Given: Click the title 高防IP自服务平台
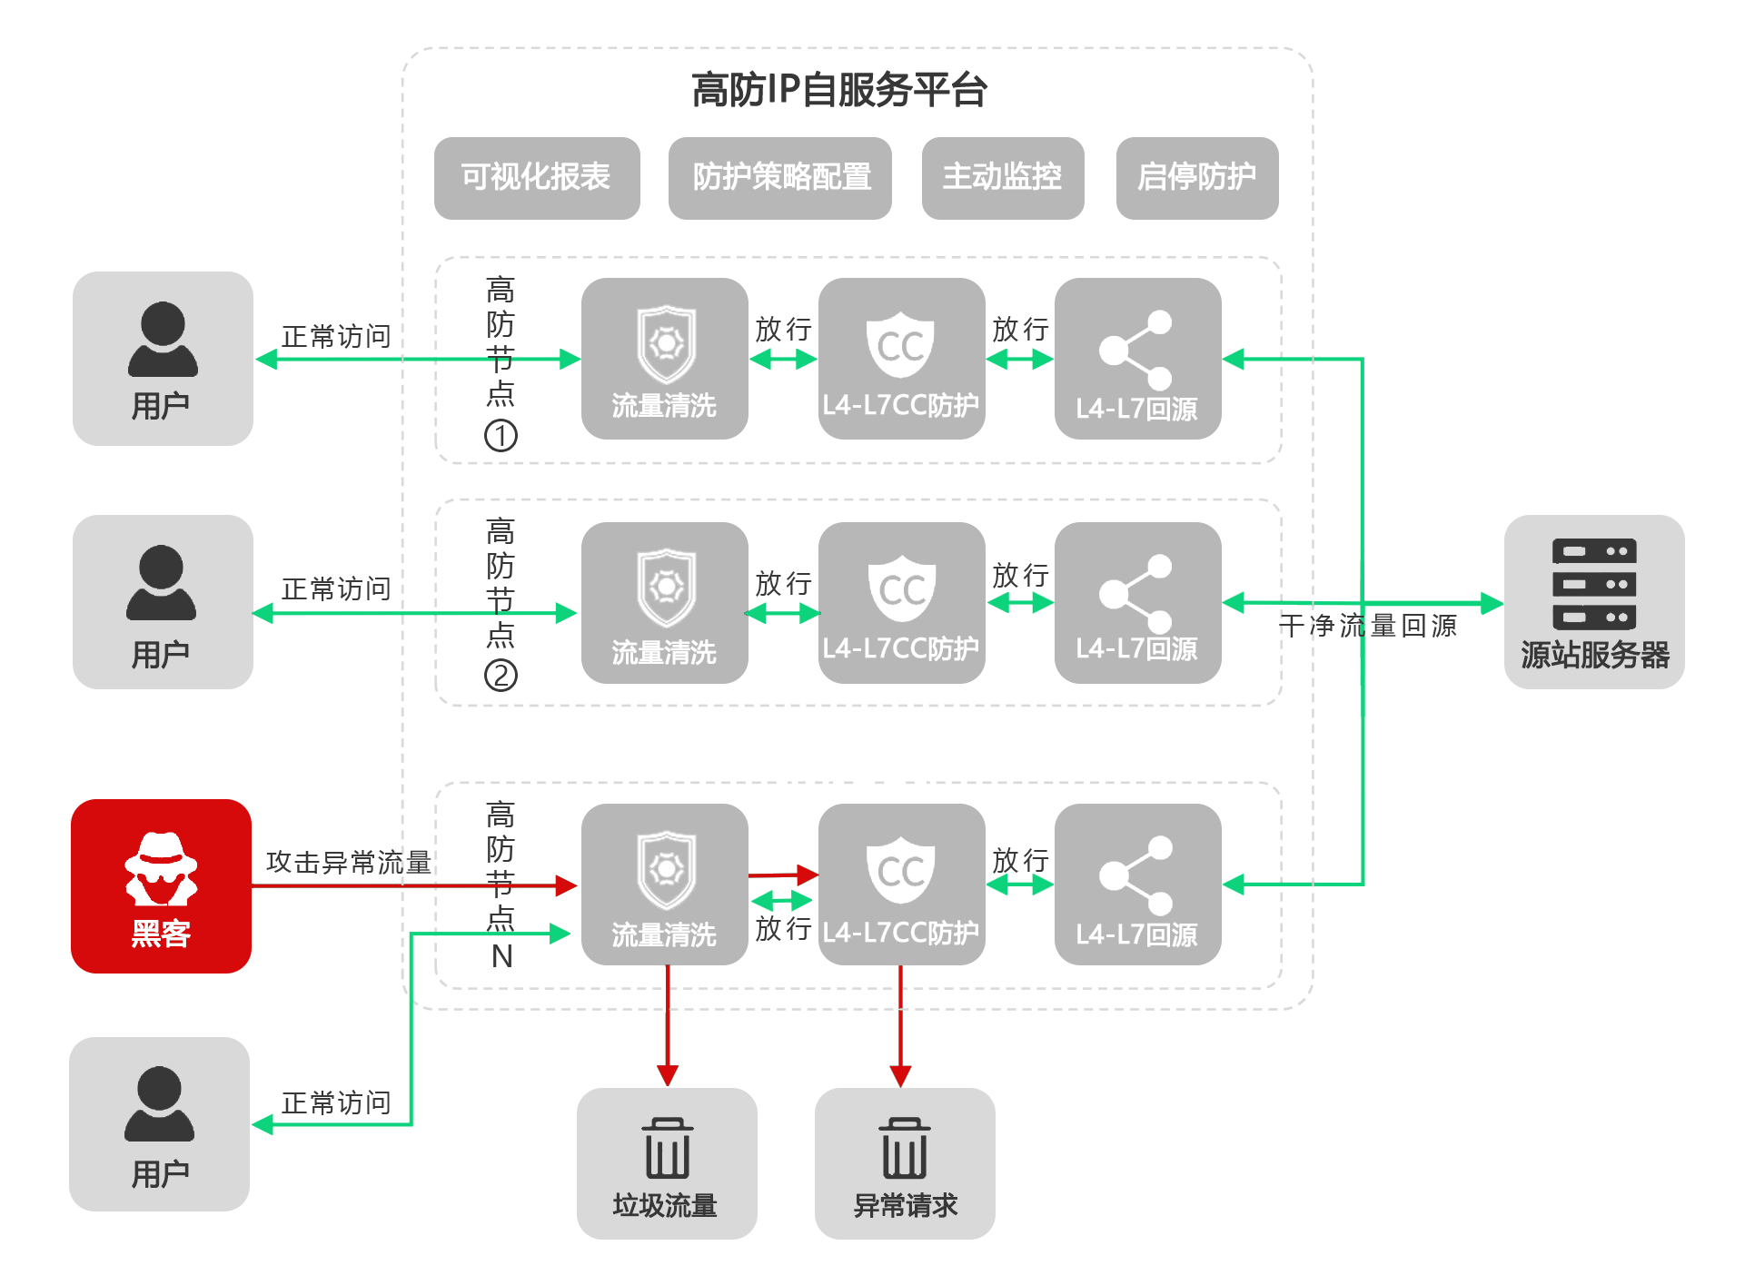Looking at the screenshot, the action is tap(838, 90).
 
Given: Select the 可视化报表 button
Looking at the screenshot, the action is tap(537, 178).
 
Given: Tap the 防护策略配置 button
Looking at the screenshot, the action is tap(780, 178).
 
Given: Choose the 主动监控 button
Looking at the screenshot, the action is tap(1003, 178).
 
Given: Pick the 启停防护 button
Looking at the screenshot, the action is tap(1197, 178).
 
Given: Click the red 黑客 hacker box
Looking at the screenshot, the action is tap(162, 886).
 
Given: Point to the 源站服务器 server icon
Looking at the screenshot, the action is tap(1594, 584).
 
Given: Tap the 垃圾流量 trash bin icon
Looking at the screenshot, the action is tap(668, 1148).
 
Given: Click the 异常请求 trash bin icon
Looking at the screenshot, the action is tap(905, 1148).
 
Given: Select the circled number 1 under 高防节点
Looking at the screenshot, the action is tap(501, 436).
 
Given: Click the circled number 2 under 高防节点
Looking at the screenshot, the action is tap(501, 676).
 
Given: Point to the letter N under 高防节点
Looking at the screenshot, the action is tap(501, 956).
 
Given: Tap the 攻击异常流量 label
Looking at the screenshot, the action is tap(349, 862).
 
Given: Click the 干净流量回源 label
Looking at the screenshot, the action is tap(1368, 626).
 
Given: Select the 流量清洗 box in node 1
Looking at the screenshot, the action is tap(665, 359).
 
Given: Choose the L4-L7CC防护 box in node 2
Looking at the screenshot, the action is tap(902, 603).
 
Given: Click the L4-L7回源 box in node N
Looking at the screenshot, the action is tap(1138, 885).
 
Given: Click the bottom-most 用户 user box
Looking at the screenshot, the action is tap(160, 1124).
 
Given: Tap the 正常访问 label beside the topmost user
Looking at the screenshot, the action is tap(336, 337).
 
